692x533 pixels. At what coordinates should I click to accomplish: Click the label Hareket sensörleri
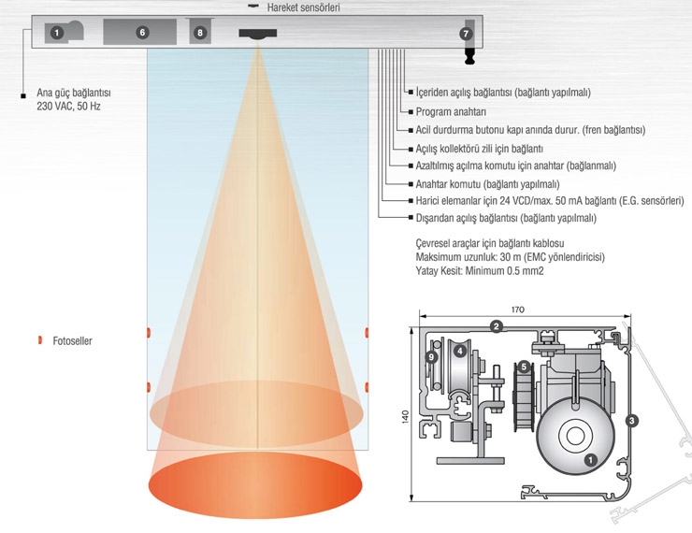coord(303,7)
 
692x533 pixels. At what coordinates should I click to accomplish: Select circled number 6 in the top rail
coord(142,32)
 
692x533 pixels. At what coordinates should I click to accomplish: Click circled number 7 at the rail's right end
coord(466,34)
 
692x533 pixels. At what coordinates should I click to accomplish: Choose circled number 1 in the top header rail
coord(57,33)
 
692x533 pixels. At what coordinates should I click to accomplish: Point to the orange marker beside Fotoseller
coord(40,340)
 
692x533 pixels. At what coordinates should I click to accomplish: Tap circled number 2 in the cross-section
coord(497,326)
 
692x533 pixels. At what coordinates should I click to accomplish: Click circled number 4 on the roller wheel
coord(461,350)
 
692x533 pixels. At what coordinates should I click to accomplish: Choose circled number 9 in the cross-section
coord(431,356)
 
